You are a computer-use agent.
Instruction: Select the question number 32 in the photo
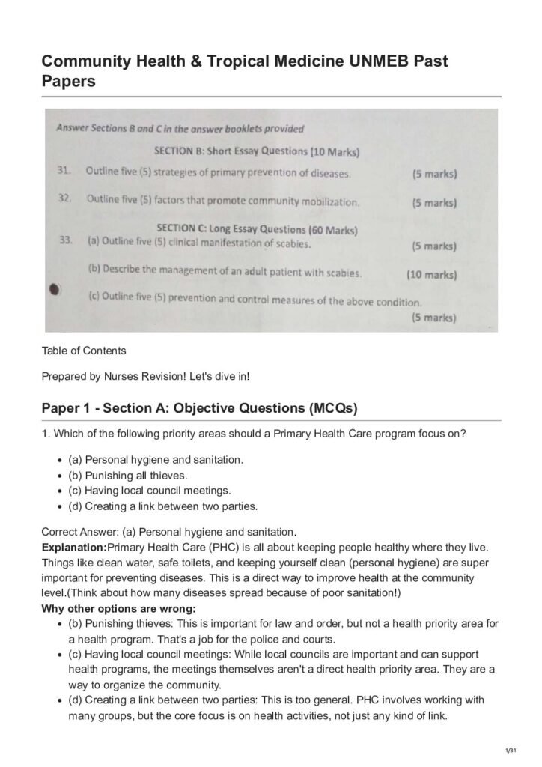pos(64,199)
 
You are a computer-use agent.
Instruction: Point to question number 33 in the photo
pos(65,240)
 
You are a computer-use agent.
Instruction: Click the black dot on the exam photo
pos(54,290)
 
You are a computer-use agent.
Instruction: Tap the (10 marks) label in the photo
pos(430,275)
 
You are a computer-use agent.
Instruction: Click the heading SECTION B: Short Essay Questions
pos(256,151)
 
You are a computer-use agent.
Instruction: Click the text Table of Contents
pos(84,350)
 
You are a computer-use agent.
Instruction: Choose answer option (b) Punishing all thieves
pos(127,475)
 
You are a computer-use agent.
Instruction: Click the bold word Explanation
pos(69,548)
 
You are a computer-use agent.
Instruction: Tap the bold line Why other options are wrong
pos(119,607)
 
